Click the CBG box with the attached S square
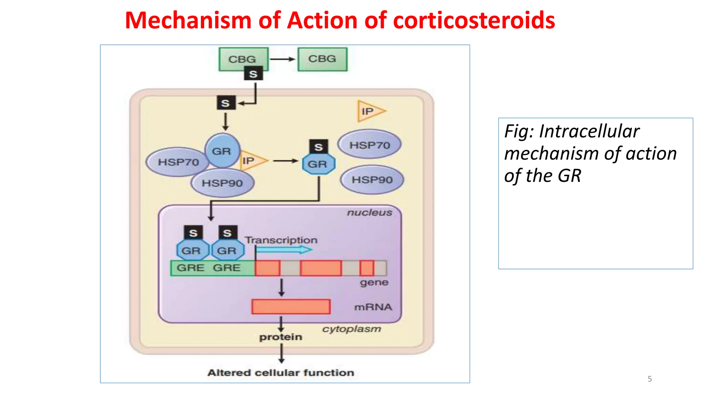(x=243, y=59)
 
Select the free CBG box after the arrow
(x=322, y=59)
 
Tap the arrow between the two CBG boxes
(x=282, y=59)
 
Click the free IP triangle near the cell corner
(x=370, y=111)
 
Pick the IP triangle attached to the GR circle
(x=252, y=161)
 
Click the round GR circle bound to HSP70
(x=222, y=151)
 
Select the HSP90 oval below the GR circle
(x=222, y=183)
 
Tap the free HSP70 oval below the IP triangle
(x=370, y=145)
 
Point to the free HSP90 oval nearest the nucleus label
(x=372, y=180)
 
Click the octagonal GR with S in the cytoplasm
(x=318, y=164)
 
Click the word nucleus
(x=369, y=212)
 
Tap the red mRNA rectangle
(x=291, y=307)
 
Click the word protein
(x=281, y=337)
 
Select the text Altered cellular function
(x=281, y=373)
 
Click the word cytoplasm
(x=352, y=329)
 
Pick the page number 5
(x=649, y=379)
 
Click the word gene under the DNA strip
(x=374, y=283)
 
